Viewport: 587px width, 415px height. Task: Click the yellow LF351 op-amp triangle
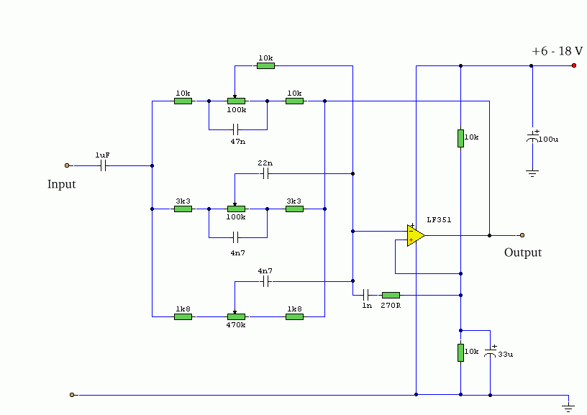[x=416, y=236]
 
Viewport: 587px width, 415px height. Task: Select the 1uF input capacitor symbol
[x=104, y=165]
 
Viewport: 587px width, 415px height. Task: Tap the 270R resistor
[x=391, y=296]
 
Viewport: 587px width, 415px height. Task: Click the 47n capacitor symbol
[x=235, y=130]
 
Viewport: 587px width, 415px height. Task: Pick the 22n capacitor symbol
[x=265, y=173]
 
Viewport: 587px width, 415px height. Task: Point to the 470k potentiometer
[x=236, y=316]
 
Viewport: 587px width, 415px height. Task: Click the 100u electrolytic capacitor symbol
[x=533, y=137]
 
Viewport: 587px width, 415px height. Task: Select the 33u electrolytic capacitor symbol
[x=490, y=352]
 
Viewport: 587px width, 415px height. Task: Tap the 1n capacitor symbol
[x=366, y=295]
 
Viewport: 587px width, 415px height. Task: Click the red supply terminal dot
[x=574, y=65]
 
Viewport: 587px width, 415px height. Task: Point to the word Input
[x=61, y=184]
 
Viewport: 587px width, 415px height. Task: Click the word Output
[x=523, y=252]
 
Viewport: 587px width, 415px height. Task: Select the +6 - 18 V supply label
[x=557, y=51]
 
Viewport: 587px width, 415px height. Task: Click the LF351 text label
[x=439, y=219]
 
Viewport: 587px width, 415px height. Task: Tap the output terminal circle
[x=522, y=235]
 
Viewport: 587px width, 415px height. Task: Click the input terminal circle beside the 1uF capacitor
[x=67, y=165]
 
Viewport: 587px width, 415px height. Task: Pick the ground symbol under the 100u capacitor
[x=532, y=173]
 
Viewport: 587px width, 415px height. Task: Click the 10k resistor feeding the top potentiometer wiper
[x=265, y=66]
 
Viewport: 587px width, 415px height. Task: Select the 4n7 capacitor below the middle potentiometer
[x=235, y=237]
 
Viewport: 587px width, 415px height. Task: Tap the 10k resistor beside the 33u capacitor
[x=461, y=352]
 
